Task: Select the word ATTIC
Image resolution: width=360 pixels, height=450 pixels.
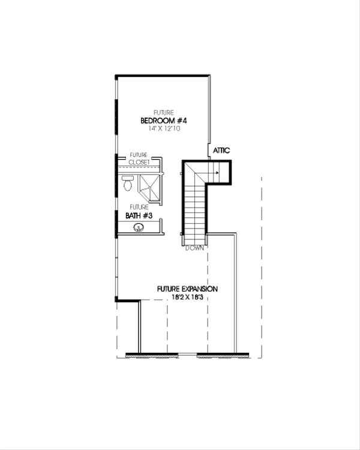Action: [221, 151]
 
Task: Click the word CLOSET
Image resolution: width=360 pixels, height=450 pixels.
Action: [139, 162]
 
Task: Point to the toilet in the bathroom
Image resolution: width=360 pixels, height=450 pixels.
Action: [127, 185]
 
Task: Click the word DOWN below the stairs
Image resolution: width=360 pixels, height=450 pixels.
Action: [194, 247]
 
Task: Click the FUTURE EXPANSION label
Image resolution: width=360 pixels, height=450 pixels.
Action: [187, 289]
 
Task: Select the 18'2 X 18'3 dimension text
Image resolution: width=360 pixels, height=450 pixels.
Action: [187, 297]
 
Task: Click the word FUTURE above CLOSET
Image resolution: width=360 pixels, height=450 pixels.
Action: [139, 155]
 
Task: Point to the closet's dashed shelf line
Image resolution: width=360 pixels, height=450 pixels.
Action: [139, 167]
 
